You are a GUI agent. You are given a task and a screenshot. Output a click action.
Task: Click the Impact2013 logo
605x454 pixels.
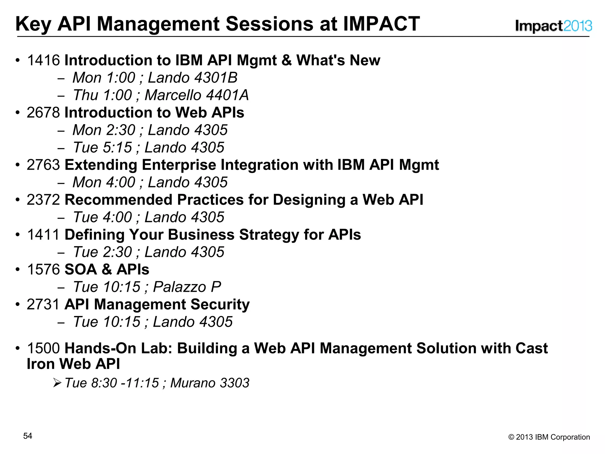point(553,26)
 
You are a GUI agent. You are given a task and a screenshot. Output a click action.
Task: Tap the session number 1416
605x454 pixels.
point(43,60)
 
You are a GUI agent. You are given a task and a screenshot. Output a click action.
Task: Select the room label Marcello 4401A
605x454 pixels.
point(196,95)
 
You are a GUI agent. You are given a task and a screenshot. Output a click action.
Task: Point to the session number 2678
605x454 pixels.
point(43,113)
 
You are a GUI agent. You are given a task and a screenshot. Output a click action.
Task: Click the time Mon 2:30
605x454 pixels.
point(104,130)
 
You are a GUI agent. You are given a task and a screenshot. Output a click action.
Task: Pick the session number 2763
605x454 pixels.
point(43,165)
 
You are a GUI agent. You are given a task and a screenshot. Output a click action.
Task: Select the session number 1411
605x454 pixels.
point(43,235)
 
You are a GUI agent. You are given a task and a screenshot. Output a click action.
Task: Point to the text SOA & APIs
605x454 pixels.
point(107,270)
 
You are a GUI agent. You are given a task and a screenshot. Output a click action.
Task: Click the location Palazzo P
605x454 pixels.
point(187,287)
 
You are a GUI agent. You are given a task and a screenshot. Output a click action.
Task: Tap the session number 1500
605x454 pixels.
point(43,348)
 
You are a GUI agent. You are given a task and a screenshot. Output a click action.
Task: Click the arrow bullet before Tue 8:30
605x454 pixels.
point(57,383)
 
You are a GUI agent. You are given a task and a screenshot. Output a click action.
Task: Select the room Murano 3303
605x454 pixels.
point(210,383)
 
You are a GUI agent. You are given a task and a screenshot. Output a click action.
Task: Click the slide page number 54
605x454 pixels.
point(27,436)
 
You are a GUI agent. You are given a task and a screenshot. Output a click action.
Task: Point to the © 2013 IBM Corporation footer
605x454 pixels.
point(549,437)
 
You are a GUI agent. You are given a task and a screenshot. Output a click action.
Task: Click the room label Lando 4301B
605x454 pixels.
point(193,78)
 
